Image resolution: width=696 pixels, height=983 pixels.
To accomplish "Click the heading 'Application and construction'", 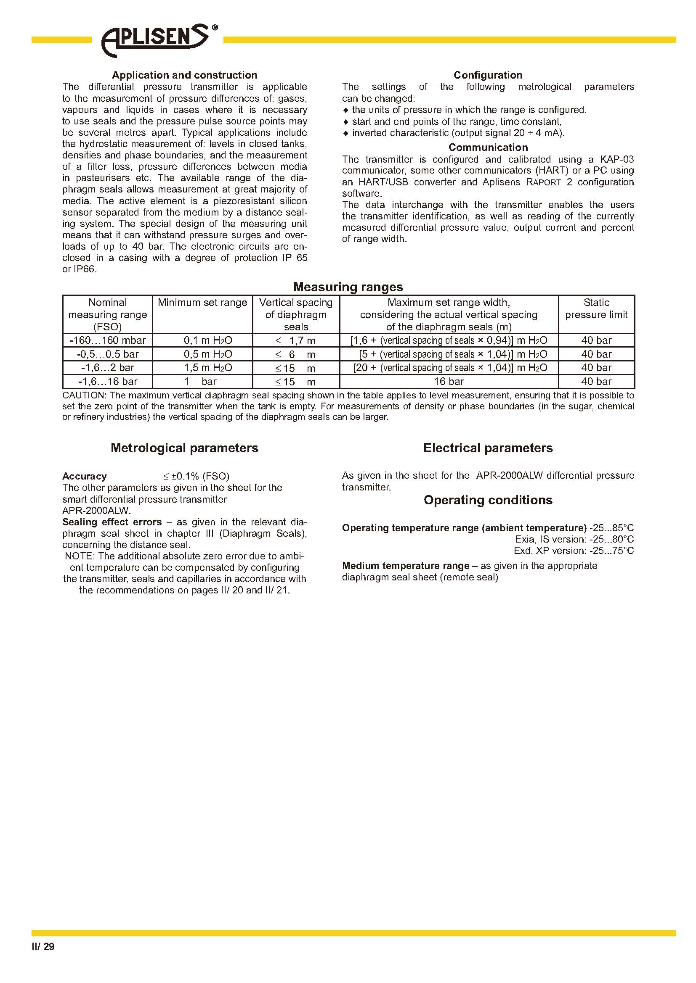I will (184, 75).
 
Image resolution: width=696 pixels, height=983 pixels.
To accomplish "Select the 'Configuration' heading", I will (488, 75).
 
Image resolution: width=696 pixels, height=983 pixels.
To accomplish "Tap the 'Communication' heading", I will (488, 147).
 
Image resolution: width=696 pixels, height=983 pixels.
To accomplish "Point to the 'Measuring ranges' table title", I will (348, 287).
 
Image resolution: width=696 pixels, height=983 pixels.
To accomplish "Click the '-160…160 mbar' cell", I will (108, 340).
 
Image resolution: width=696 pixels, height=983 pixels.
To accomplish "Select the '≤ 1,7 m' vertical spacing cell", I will (295, 341).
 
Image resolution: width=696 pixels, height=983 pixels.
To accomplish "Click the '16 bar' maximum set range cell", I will (449, 382).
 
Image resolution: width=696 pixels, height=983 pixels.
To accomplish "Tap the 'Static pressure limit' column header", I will (596, 309).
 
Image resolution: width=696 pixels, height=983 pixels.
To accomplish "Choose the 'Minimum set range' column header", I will (202, 303).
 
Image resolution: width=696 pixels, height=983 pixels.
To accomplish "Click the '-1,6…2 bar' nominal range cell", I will (108, 368).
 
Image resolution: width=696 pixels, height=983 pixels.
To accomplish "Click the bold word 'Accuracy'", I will (85, 476).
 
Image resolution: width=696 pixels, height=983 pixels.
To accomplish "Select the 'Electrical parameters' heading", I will (488, 448).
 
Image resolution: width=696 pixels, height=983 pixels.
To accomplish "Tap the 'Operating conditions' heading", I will (488, 500).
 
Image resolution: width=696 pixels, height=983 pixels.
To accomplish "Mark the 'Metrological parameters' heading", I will (184, 448).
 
